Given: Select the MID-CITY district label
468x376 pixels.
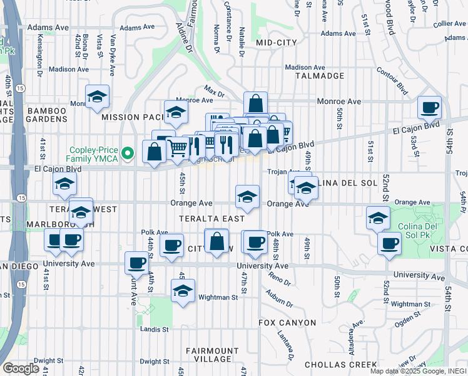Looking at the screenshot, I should pyautogui.click(x=276, y=43).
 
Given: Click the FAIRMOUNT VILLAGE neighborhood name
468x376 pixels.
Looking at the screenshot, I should pyautogui.click(x=213, y=355).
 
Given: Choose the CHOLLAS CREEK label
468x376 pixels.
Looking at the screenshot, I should pyautogui.click(x=340, y=365).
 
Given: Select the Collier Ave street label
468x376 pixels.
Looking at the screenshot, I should pyautogui.click(x=449, y=23).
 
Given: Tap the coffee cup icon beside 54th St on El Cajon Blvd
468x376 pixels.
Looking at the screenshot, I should pyautogui.click(x=429, y=107).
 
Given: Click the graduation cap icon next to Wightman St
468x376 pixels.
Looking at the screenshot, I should pyautogui.click(x=182, y=291).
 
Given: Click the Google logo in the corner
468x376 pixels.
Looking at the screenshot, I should pyautogui.click(x=21, y=368).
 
